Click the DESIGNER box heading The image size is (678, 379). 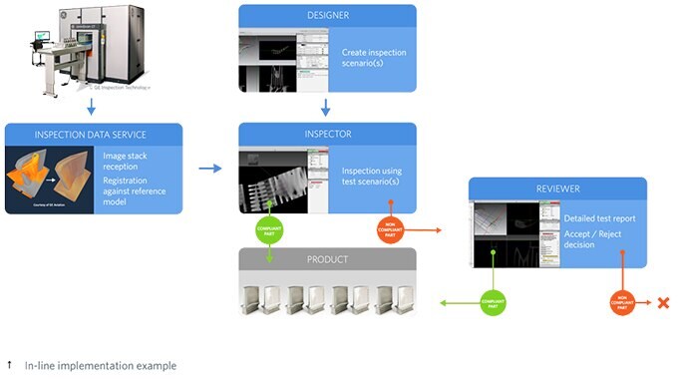coord(327,16)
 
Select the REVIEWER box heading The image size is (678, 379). coord(557,189)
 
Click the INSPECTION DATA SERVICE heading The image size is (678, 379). coord(94,135)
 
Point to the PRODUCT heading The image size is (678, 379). coord(327,259)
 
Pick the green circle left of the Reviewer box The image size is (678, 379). coord(488,300)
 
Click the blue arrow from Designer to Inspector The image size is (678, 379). coord(327,106)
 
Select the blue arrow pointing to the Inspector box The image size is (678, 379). coord(210,168)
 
